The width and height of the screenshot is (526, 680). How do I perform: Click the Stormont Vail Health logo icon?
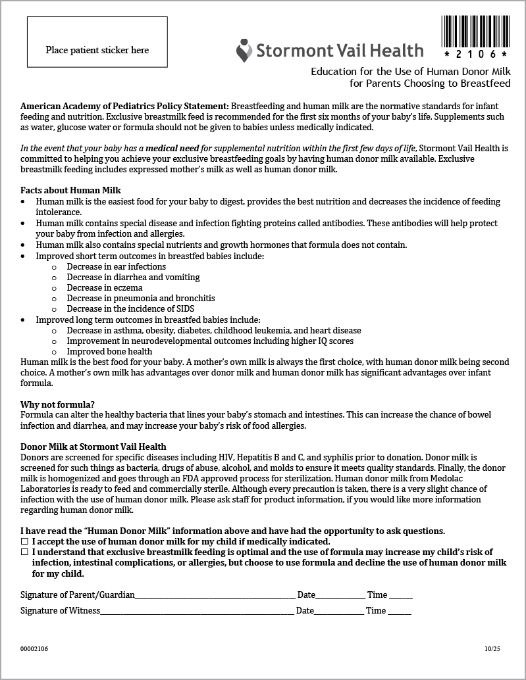point(244,50)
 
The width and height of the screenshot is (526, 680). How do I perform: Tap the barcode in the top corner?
point(475,30)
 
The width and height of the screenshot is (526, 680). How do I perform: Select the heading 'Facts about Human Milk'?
point(70,191)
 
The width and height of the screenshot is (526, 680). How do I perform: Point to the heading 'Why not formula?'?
point(57,404)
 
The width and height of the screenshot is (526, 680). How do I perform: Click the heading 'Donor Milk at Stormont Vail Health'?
point(93,447)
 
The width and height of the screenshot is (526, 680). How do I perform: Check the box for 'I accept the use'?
point(24,542)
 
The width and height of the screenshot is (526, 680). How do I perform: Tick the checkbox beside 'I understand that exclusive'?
point(24,552)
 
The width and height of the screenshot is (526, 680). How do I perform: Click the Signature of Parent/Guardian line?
point(215,596)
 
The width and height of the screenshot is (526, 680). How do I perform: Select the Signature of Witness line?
point(197,612)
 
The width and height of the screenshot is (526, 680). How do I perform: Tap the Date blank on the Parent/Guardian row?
point(340,596)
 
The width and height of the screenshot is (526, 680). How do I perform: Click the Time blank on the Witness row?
point(400,612)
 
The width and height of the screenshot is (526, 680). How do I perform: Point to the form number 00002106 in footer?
point(34,649)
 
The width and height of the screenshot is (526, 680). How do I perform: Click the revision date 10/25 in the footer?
point(492,649)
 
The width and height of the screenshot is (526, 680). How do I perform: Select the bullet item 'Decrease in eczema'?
point(104,287)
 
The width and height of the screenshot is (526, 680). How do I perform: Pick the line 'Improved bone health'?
point(109,351)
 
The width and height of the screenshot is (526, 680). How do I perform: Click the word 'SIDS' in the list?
point(184,308)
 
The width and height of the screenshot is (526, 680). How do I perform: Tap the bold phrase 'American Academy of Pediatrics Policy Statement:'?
point(124,106)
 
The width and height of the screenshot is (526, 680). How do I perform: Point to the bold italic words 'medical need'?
point(172,149)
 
